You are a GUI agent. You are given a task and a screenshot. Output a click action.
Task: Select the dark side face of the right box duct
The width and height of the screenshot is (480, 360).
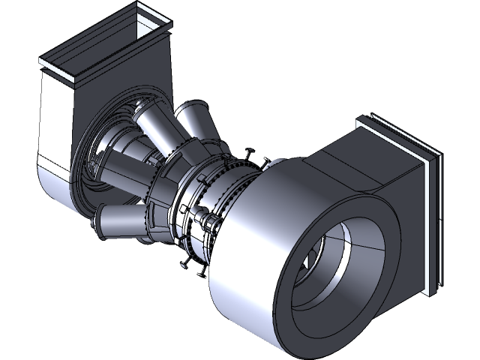coord(405,225)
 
